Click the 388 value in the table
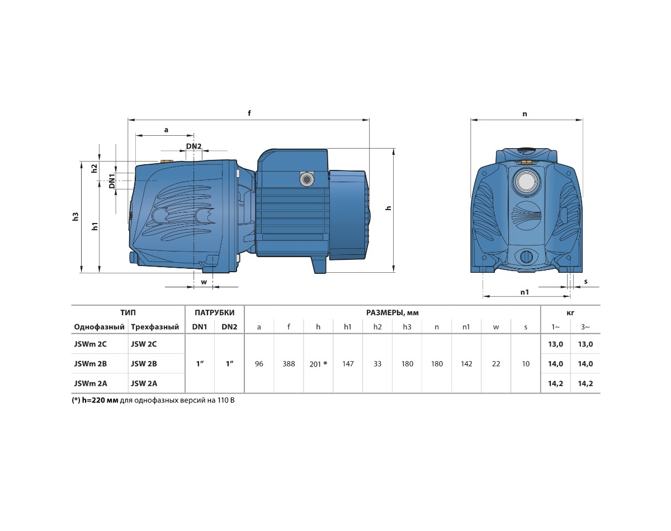[x=289, y=363]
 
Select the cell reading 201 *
[x=318, y=363]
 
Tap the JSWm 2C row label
[x=90, y=344]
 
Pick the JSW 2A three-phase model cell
[x=144, y=383]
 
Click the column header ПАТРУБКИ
[x=215, y=312]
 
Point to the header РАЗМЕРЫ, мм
[x=392, y=313]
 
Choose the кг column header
[x=570, y=313]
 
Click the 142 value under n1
[x=466, y=363]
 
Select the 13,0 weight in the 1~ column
[x=556, y=344]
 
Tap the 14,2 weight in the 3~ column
[x=585, y=383]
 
